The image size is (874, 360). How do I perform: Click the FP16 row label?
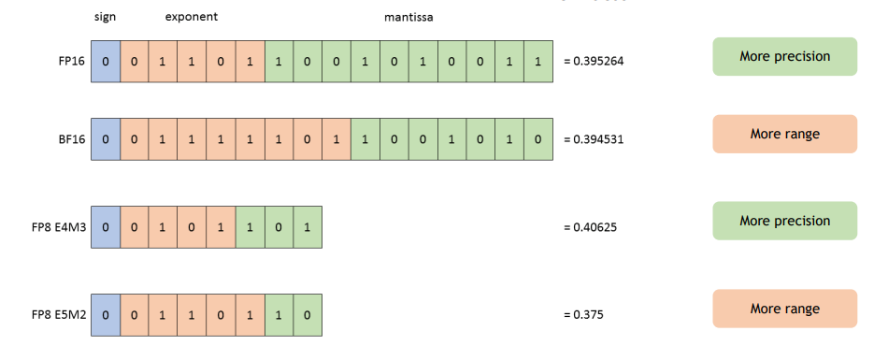pos(71,61)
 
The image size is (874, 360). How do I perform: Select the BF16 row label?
pos(71,138)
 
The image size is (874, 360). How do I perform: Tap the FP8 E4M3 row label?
pos(58,227)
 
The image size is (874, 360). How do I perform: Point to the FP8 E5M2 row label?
pos(58,314)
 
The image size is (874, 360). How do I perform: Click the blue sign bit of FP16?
pos(106,61)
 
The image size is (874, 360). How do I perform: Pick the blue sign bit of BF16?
pos(106,138)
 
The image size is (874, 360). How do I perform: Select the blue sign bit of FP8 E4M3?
pos(106,227)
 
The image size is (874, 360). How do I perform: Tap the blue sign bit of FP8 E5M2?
pos(106,314)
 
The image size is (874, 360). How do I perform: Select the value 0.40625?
pos(593,227)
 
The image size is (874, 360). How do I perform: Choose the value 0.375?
pos(586,314)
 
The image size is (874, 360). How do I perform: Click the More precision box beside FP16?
pos(784,56)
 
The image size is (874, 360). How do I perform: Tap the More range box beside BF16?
pos(784,134)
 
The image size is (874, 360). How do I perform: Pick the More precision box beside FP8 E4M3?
pos(784,221)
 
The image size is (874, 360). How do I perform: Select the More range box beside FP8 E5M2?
pos(784,309)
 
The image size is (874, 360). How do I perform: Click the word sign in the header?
pos(106,18)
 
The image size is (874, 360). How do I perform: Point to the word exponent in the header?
pos(192,18)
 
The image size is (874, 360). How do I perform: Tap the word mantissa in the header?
pos(408,18)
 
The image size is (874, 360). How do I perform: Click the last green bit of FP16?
pos(538,61)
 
